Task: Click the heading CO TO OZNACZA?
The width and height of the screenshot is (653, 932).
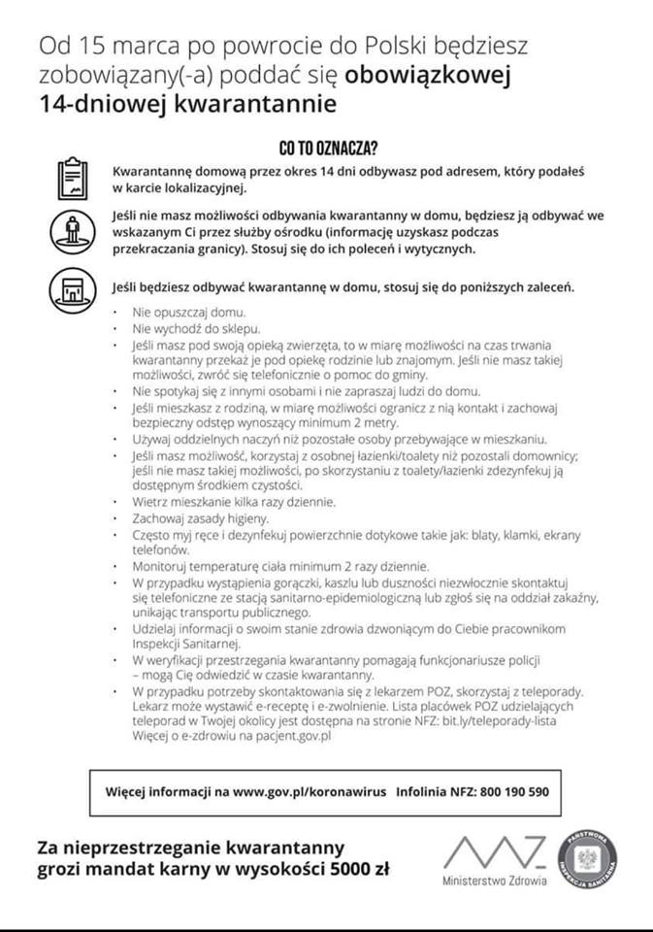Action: pos(327,149)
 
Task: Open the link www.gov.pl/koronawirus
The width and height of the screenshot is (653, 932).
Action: pos(308,791)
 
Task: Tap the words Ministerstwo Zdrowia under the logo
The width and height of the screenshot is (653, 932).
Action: pos(494,882)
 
